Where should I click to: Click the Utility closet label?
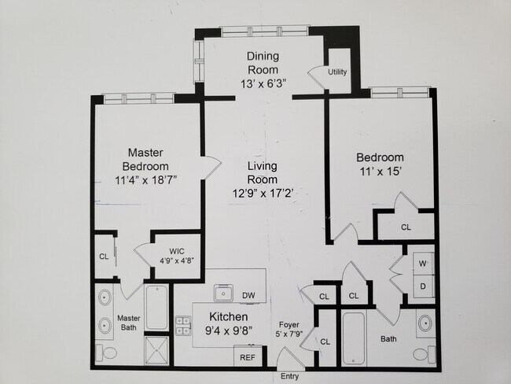pos(337,72)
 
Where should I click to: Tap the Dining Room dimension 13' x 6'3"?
pos(263,84)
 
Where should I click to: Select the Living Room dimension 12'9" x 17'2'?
pos(263,194)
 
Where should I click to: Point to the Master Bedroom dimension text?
pos(145,179)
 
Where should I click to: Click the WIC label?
pos(177,251)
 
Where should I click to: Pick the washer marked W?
pos(423,264)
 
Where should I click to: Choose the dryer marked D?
pos(423,286)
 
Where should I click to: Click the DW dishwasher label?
pos(248,296)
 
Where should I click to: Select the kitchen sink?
pos(223,293)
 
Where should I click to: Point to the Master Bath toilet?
pos(107,353)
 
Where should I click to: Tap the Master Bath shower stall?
pos(156,350)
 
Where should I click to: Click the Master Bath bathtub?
pos(156,308)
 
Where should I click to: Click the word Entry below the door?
pos(289,376)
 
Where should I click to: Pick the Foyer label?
pos(289,325)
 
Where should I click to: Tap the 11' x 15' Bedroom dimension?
pos(380,172)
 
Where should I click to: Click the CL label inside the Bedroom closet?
pos(406,227)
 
